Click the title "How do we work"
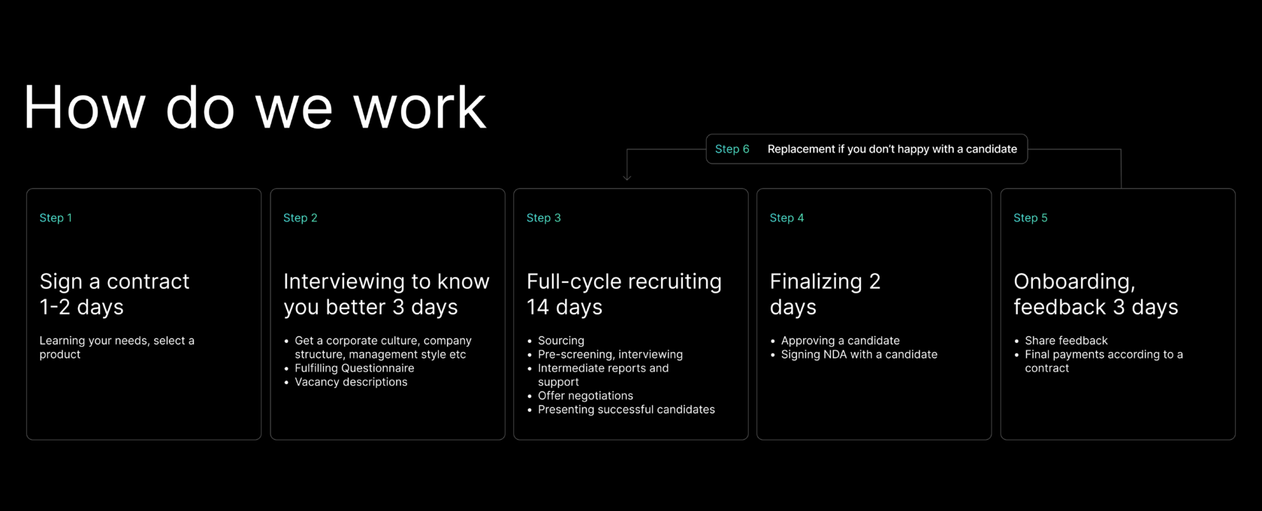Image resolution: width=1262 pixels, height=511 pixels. (x=255, y=107)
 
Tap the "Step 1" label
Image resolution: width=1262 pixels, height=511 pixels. (x=56, y=218)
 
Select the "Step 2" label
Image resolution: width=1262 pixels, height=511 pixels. (x=300, y=218)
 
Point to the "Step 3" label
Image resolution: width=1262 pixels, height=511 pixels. (x=544, y=218)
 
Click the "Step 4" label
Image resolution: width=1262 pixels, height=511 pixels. (x=787, y=218)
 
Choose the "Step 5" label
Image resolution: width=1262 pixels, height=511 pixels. (x=1031, y=218)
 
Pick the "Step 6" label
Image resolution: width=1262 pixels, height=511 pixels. (x=732, y=149)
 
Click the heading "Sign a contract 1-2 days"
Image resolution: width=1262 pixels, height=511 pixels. (x=114, y=294)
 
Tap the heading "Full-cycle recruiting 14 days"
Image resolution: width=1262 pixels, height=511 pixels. (x=624, y=294)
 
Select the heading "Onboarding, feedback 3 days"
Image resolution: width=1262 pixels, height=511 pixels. (x=1096, y=294)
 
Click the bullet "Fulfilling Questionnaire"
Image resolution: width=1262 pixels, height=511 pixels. (x=355, y=368)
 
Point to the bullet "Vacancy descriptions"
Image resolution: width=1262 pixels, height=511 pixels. (x=351, y=381)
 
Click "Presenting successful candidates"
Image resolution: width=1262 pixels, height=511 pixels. (x=626, y=409)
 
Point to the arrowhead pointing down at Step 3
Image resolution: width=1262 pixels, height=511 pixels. (x=627, y=177)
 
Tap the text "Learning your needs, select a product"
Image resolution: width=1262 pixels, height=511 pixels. (x=116, y=347)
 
